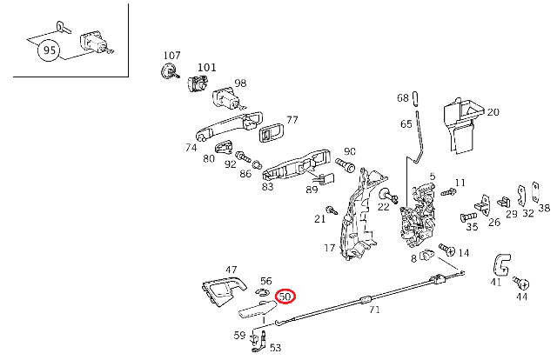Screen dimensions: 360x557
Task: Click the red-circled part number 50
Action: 285,297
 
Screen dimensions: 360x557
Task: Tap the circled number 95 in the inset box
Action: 49,51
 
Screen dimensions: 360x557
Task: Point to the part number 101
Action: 206,66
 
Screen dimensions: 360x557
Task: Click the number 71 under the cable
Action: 375,310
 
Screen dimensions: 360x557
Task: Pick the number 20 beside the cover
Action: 493,112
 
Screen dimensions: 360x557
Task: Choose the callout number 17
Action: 329,249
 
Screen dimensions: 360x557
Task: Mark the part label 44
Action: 522,297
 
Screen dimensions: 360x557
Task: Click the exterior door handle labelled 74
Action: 228,124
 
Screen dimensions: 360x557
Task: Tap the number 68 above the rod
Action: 402,97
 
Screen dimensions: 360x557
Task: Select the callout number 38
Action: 544,209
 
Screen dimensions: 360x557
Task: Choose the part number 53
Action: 275,348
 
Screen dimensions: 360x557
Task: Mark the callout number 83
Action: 267,186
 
